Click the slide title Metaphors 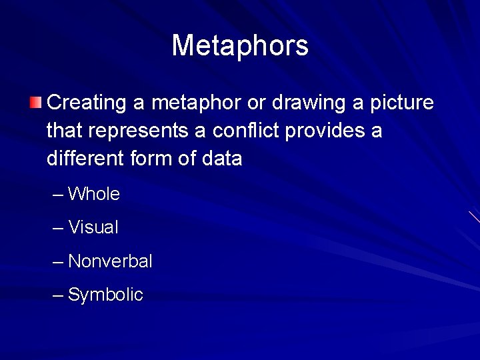[x=240, y=46]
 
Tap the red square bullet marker [x=36, y=103]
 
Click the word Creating [x=87, y=103]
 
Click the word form [x=157, y=159]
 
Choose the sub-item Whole [x=94, y=194]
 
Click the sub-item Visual [x=93, y=227]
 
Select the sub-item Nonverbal [x=110, y=261]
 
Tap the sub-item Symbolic [x=105, y=295]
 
